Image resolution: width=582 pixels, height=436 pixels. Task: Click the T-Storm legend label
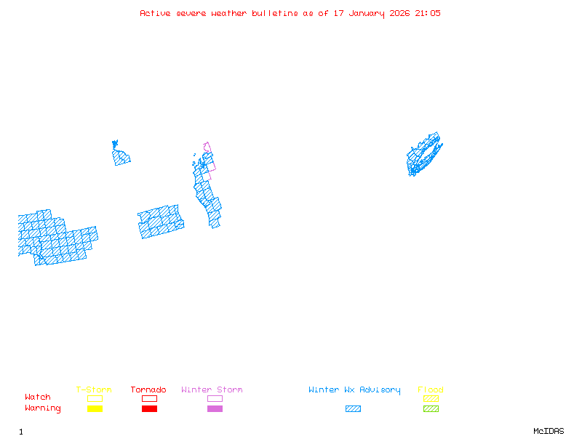click(94, 390)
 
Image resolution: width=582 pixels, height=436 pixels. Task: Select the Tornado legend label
click(148, 390)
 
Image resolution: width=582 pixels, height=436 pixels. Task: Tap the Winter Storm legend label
click(212, 390)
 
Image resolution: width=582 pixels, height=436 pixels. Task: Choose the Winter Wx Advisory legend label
click(354, 390)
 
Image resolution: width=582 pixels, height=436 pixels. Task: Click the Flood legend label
click(431, 390)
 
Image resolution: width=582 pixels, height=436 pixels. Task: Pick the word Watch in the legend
click(38, 397)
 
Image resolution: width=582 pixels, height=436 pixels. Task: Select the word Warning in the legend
click(43, 408)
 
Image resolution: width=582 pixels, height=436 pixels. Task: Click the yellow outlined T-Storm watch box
click(95, 398)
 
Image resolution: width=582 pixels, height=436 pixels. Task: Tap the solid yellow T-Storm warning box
click(95, 408)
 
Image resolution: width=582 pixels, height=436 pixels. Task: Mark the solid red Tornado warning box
click(149, 408)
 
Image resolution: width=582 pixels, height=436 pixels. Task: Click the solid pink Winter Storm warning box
click(215, 408)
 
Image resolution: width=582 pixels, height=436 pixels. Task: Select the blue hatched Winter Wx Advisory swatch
click(353, 408)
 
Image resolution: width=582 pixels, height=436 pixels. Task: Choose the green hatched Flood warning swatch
click(431, 408)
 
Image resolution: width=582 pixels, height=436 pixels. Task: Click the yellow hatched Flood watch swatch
click(431, 398)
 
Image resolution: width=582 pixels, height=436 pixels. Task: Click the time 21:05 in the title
click(428, 13)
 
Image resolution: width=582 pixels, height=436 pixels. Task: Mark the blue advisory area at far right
click(423, 155)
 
